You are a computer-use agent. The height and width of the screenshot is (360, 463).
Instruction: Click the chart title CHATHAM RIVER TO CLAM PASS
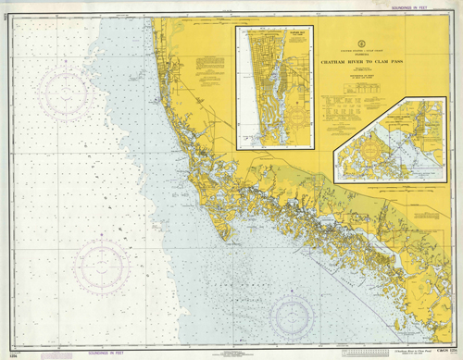(370, 63)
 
